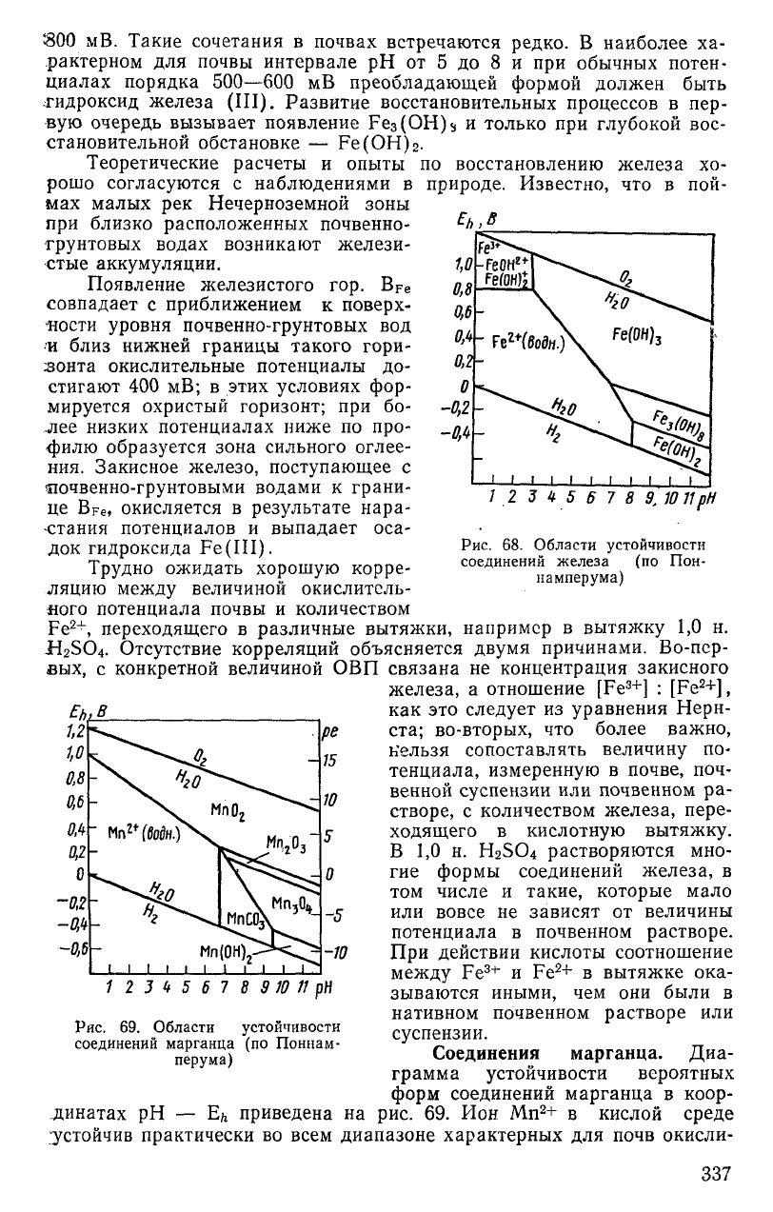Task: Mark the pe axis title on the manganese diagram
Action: click(329, 707)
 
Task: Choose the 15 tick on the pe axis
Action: click(331, 734)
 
